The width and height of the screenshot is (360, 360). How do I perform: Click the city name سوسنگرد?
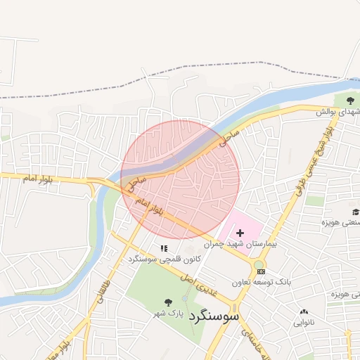coord(215,315)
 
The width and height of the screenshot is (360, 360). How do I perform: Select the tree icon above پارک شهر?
coord(168,302)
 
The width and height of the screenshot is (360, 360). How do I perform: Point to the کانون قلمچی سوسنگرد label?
coord(164,259)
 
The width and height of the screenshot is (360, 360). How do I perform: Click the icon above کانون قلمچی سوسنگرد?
coord(164,248)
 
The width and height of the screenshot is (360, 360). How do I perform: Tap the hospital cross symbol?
coord(240,233)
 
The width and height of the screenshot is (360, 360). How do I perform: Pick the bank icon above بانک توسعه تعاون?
coord(262,271)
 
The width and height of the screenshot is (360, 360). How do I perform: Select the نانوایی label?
coord(304,323)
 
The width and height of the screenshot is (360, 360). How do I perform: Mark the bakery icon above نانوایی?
coord(304,312)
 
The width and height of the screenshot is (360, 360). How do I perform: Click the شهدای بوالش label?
coord(337,112)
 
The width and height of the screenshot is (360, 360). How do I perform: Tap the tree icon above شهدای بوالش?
coord(350,101)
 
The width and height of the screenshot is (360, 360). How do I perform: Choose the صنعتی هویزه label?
coord(341,222)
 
